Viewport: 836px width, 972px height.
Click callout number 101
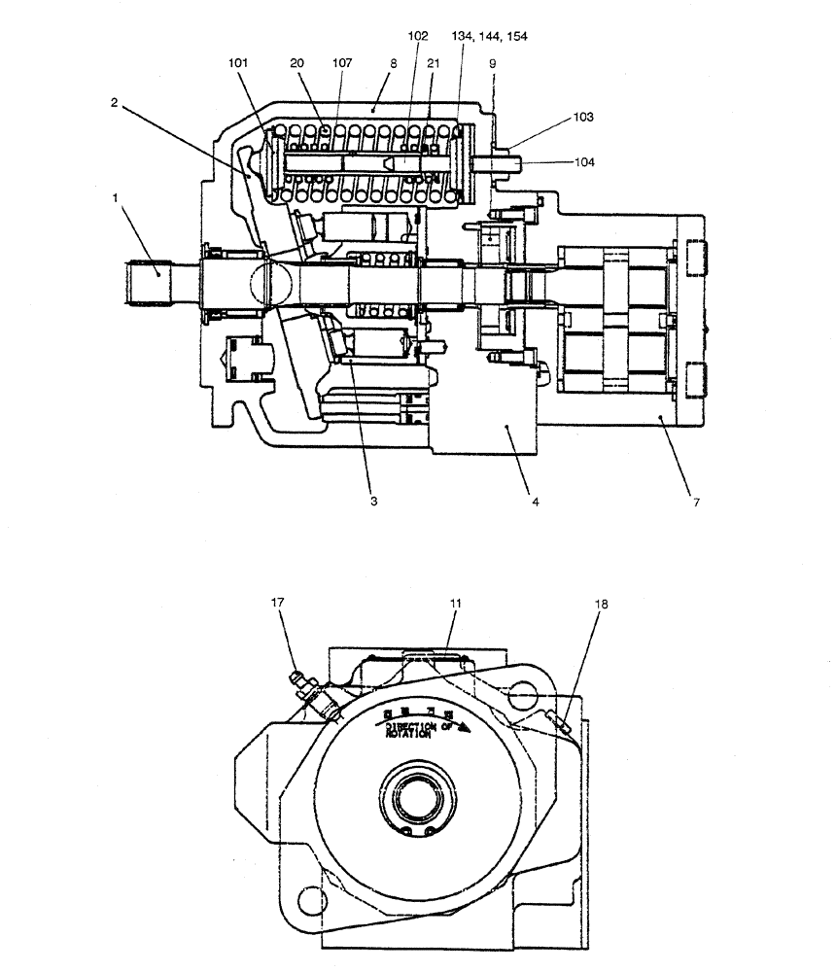[x=239, y=63]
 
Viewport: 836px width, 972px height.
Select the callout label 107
[x=341, y=63]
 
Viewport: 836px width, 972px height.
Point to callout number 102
[x=418, y=36]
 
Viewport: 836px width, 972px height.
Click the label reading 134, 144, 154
[x=490, y=36]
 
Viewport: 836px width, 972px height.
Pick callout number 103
[x=583, y=116]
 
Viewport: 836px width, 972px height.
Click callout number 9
[x=493, y=63]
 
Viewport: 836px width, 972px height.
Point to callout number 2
[x=114, y=102]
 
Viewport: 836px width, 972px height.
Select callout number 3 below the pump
[x=372, y=502]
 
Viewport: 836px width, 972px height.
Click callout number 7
[x=695, y=502]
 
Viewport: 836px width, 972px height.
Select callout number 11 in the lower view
[x=454, y=603]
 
